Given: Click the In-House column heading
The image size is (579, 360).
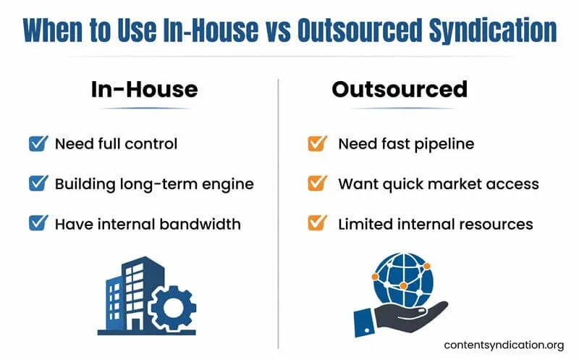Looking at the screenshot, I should (144, 89).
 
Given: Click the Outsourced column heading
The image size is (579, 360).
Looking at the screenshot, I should (400, 89).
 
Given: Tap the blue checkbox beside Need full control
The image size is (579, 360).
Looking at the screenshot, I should (38, 143).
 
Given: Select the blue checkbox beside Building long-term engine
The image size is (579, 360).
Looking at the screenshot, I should (38, 183).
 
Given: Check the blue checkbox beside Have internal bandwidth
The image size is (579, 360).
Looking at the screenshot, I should (38, 223).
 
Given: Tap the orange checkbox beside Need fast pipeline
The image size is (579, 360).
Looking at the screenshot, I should (316, 143).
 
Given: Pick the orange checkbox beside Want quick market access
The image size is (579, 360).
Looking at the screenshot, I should (316, 183).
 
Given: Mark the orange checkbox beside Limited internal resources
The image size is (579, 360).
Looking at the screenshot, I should (316, 223).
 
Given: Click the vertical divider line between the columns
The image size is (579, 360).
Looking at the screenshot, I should (279, 203).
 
